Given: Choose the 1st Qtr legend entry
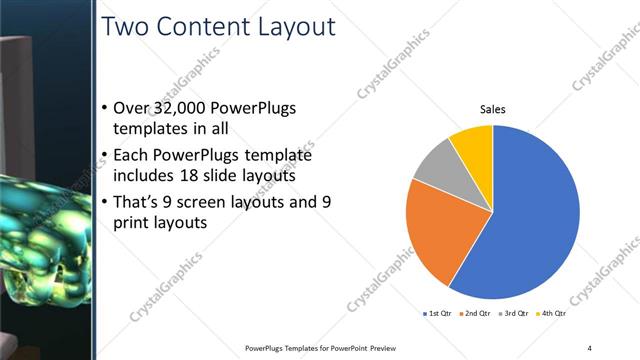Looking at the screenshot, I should [x=438, y=313].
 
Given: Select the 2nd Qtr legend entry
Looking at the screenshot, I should [x=474, y=313].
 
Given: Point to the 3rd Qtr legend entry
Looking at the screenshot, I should [x=512, y=313].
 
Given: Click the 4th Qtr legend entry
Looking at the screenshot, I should [x=549, y=313].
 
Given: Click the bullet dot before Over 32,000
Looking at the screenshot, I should [x=107, y=108].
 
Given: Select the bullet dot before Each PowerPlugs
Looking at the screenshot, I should [x=107, y=156].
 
